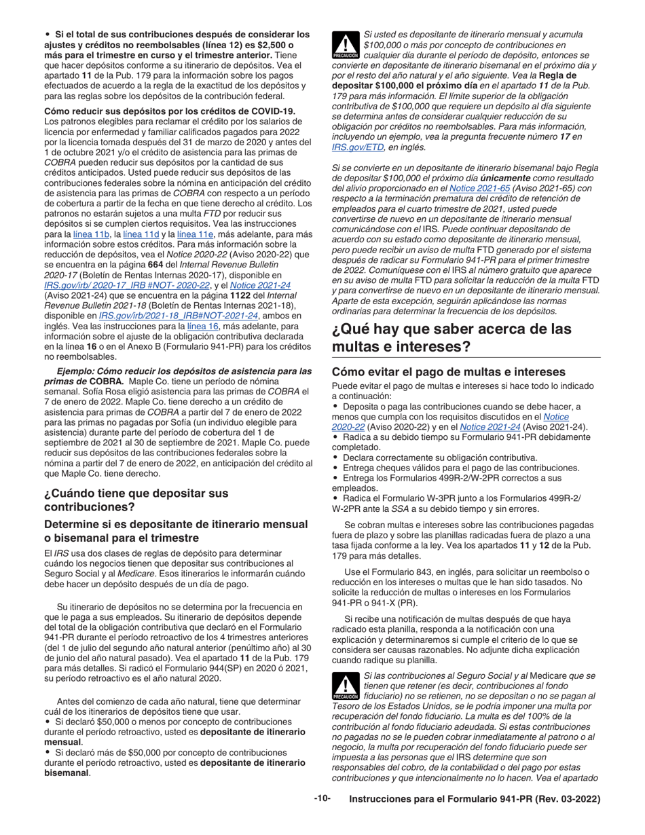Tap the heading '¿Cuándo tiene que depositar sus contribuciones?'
click(x=136, y=500)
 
